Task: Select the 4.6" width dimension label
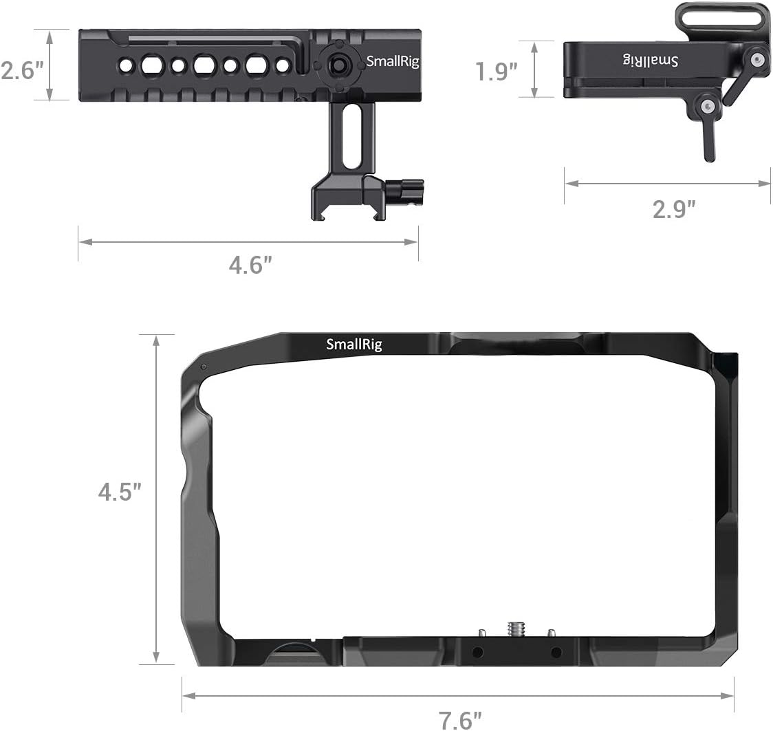247,265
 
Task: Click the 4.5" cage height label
119,492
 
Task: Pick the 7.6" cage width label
460,720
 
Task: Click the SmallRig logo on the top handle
392,61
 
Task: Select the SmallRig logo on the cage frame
353,345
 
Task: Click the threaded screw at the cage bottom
515,629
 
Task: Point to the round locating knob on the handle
337,65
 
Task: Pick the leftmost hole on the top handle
126,65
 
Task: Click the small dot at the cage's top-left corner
204,367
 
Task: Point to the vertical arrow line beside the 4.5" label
157,499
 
